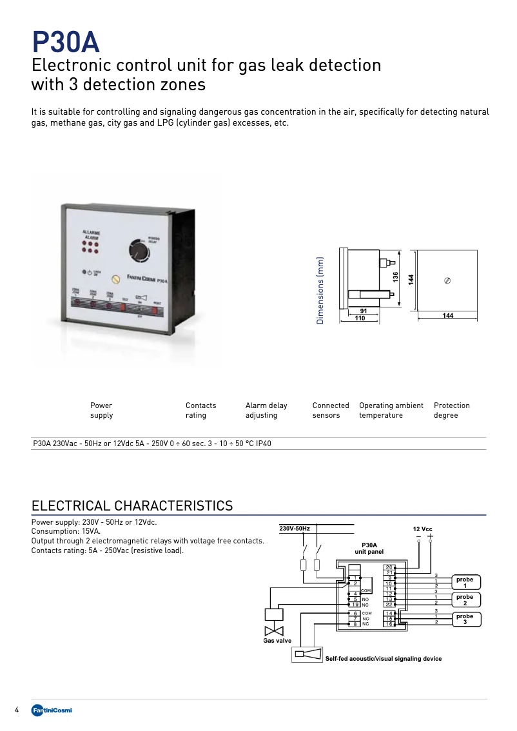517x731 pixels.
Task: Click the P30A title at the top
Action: [66, 43]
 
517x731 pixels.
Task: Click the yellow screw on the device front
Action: [116, 279]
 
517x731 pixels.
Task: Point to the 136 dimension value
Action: [396, 277]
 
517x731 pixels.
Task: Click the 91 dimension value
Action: [364, 311]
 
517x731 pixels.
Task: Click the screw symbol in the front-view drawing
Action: [448, 280]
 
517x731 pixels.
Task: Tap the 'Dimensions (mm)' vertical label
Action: [320, 290]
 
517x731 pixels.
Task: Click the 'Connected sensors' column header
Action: [330, 410]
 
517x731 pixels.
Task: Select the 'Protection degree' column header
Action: [451, 410]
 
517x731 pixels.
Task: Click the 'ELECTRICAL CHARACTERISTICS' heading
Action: [132, 505]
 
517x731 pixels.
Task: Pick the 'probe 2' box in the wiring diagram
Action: [465, 600]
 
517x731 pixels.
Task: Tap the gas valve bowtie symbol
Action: [275, 630]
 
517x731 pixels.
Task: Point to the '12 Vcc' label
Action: [423, 529]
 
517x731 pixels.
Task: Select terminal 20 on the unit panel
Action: [389, 567]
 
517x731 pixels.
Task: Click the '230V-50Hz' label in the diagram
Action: [295, 529]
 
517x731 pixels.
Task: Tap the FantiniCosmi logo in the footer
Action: [52, 710]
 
